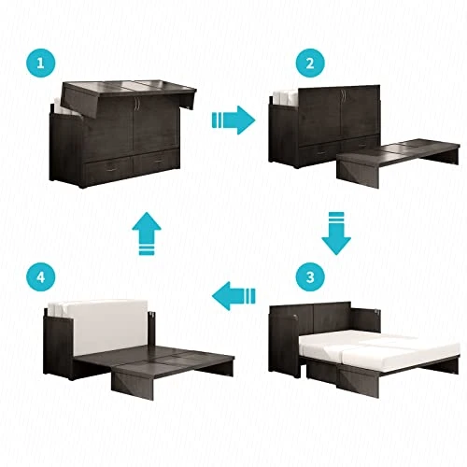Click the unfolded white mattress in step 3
tap(374, 350)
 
